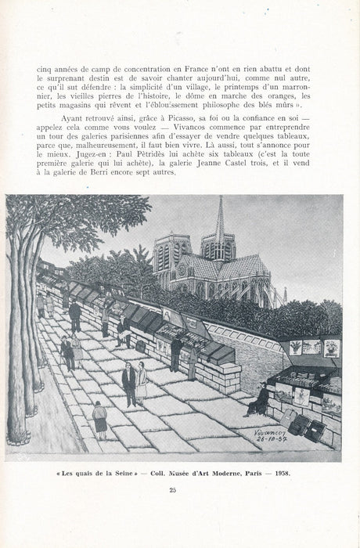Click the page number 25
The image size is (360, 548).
click(181, 490)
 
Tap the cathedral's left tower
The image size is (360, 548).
click(171, 254)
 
